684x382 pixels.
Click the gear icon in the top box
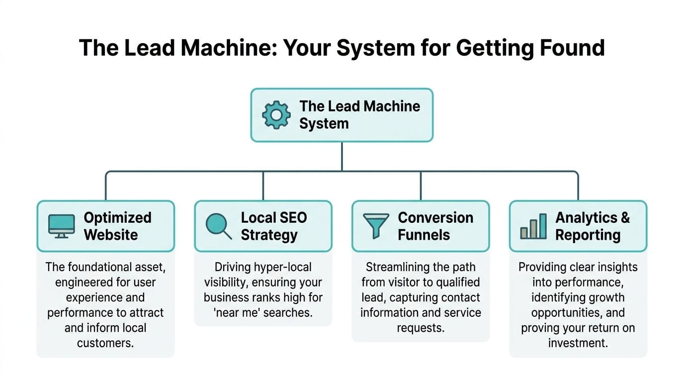point(276,115)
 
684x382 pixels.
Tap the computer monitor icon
point(62,226)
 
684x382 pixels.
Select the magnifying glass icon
point(219,226)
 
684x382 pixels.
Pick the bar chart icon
point(533,226)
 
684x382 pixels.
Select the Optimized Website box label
point(117,226)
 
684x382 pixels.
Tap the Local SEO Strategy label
point(273,226)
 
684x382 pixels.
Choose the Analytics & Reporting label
point(592,226)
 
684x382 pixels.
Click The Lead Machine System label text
point(359,114)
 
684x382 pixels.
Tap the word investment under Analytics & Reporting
point(578,343)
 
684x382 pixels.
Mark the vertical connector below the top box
point(342,157)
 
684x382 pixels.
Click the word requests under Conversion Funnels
point(420,328)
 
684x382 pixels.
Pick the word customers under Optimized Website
point(105,343)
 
